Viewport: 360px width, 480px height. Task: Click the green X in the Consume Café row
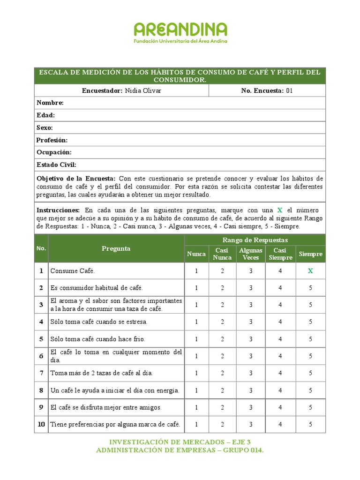[310, 271]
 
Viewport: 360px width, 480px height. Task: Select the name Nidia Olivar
[143, 90]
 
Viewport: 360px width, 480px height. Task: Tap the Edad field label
[45, 115]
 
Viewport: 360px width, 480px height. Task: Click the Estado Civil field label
[56, 165]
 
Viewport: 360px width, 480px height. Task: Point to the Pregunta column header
[116, 249]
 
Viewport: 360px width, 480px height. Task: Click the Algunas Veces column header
[251, 254]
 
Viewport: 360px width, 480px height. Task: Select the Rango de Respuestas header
[255, 240]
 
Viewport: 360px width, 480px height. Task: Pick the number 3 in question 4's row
[251, 322]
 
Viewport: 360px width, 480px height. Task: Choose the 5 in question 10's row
[310, 425]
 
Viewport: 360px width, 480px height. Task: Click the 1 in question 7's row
[196, 373]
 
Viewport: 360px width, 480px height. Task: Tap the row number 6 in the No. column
[41, 356]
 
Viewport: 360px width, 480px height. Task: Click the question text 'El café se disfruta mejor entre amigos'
[106, 408]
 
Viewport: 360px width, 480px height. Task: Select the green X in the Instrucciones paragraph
[280, 210]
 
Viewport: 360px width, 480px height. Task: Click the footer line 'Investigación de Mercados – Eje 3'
[180, 442]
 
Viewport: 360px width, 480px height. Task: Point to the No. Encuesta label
[262, 90]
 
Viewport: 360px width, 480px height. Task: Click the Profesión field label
[52, 140]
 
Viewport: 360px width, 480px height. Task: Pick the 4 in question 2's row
[280, 288]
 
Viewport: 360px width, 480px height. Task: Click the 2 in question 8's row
[222, 390]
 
